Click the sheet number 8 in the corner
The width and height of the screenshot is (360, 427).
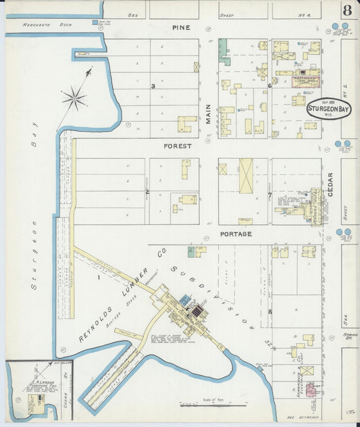click(x=346, y=10)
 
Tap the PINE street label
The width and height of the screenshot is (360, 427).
click(x=180, y=28)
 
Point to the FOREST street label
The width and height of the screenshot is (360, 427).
click(x=178, y=145)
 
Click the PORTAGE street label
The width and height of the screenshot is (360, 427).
click(x=235, y=234)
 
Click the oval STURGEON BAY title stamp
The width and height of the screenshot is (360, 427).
click(x=329, y=109)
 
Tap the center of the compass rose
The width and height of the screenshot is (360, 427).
click(x=74, y=99)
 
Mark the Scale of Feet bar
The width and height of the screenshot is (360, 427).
click(x=209, y=405)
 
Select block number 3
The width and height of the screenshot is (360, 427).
click(x=153, y=86)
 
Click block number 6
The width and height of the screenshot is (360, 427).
click(x=269, y=86)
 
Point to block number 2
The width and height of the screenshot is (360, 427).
click(x=147, y=192)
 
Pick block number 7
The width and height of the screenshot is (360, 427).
click(x=269, y=196)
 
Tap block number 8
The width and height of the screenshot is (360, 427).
click(x=269, y=311)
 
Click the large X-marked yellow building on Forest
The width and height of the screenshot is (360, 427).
click(x=246, y=176)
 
